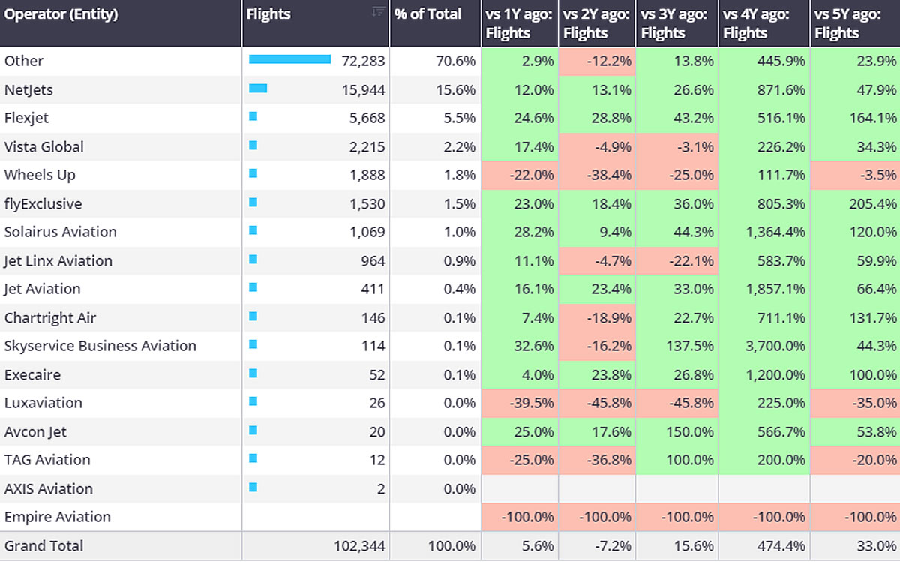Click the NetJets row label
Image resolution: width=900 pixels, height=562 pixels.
tap(28, 90)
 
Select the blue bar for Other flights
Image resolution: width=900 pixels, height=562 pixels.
tap(289, 59)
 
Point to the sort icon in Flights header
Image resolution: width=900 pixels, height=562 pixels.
tap(379, 11)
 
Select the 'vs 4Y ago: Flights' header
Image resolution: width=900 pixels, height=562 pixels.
tap(756, 23)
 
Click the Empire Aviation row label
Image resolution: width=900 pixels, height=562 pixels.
tap(57, 517)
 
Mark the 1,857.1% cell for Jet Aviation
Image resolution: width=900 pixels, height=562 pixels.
tap(774, 289)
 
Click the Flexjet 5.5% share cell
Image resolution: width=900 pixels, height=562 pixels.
tap(458, 118)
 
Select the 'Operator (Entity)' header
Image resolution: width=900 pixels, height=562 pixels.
tap(61, 14)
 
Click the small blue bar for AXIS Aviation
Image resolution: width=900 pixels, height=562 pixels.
tap(253, 488)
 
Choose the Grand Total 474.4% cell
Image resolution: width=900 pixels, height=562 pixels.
tap(779, 546)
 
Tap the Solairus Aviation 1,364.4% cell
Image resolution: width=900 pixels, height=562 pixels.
tap(774, 232)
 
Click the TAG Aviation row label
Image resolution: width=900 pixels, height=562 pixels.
tap(47, 460)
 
